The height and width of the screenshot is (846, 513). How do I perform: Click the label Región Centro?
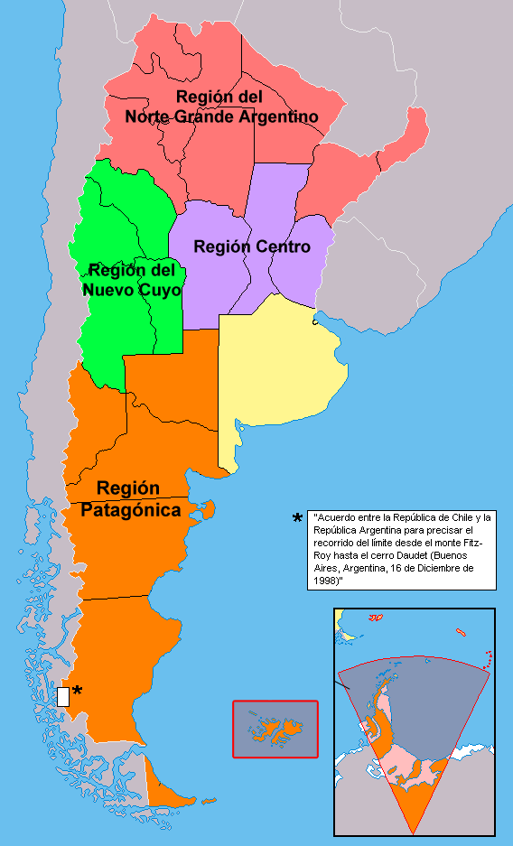click(x=252, y=246)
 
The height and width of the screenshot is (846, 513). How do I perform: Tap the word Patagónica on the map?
click(x=131, y=510)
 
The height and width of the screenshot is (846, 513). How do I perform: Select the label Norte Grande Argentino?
click(x=221, y=116)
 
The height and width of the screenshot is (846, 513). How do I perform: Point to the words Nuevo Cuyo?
click(x=132, y=290)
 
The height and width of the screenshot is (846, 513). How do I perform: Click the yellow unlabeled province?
click(x=275, y=370)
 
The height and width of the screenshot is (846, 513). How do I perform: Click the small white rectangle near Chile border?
click(x=63, y=696)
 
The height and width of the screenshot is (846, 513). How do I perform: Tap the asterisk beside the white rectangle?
click(x=78, y=692)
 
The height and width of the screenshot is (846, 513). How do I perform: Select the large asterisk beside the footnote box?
click(x=297, y=519)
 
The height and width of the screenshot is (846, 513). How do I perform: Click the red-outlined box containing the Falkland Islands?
click(x=275, y=729)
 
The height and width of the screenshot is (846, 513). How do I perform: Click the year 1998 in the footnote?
click(x=326, y=582)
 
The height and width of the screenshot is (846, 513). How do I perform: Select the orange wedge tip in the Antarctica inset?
click(x=414, y=817)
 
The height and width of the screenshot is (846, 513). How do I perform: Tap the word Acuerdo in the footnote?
click(x=334, y=517)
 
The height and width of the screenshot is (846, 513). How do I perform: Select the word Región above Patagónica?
click(x=128, y=488)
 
